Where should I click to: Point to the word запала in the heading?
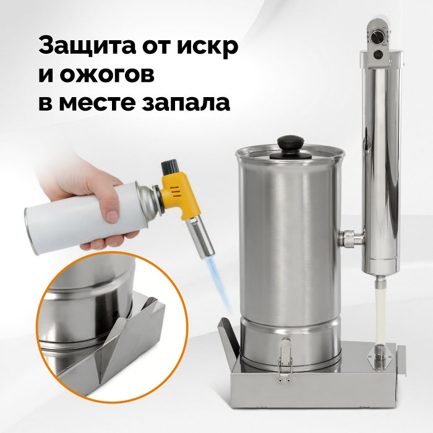[x=186, y=103]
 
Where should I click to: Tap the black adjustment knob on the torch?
[x=168, y=167]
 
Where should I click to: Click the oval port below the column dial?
[x=379, y=55]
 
